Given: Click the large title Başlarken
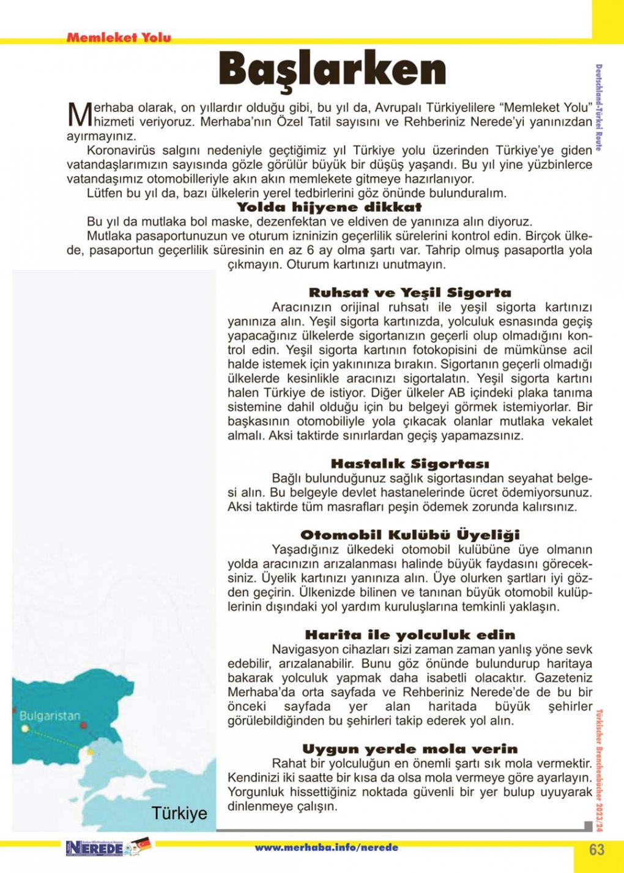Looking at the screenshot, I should [332, 69].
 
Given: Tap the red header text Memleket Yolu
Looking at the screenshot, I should [119, 37].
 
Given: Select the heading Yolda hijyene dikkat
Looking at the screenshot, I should [329, 208].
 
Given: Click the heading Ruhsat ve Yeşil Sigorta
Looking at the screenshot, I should [409, 293].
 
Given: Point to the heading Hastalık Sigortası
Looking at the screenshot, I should [410, 464].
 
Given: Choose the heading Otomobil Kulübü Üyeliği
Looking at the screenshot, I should [410, 535].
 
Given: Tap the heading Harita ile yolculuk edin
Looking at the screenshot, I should [410, 635].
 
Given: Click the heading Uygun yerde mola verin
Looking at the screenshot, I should [410, 749].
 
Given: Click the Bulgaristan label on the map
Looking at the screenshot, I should [50, 716].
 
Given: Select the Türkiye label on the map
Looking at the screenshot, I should [179, 814].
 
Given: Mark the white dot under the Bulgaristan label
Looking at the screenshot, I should [25, 729].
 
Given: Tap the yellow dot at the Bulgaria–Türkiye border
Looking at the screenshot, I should [91, 751].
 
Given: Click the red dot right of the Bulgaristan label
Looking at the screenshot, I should [83, 725].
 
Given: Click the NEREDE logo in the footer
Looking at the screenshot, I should [95, 849].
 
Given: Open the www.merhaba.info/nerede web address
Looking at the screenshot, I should [327, 848].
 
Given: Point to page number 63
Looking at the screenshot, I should [597, 849].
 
